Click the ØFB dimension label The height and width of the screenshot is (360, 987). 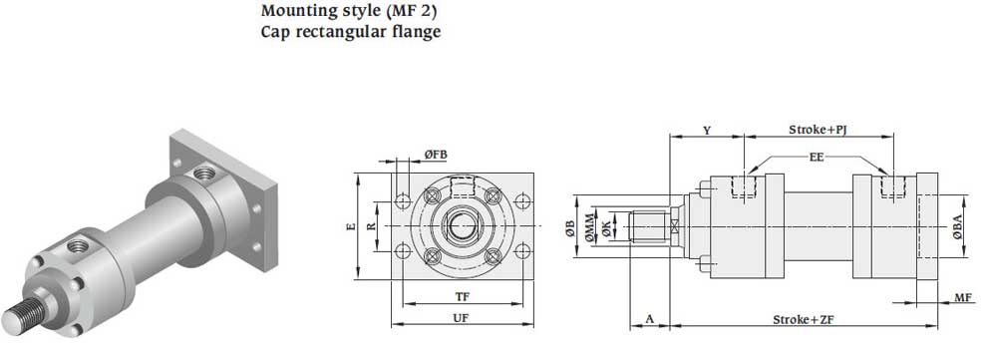pyautogui.click(x=436, y=155)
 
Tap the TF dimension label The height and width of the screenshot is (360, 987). pyautogui.click(x=463, y=296)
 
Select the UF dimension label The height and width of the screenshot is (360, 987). pyautogui.click(x=462, y=318)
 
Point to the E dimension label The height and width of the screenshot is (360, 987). pyautogui.click(x=351, y=226)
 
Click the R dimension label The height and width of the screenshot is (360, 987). pyautogui.click(x=372, y=226)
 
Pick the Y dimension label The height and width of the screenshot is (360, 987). pyautogui.click(x=707, y=131)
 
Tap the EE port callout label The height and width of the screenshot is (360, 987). pyautogui.click(x=817, y=158)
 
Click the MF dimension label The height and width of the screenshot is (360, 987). pyautogui.click(x=963, y=297)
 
